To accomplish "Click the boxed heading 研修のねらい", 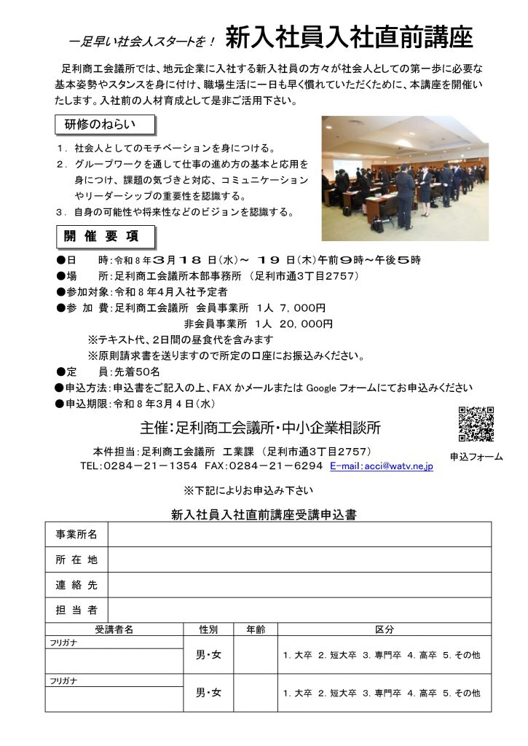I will point(106,125).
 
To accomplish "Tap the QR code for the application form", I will point(476,423).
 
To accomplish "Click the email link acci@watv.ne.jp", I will point(381,466).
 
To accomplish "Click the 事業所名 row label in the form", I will point(76,535).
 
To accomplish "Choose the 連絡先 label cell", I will point(76,585).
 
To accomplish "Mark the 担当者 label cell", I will point(76,610).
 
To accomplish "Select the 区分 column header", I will point(384,629).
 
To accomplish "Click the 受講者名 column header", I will point(113,629).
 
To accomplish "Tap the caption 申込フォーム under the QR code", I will point(476,457).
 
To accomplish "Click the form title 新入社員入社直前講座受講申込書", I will point(264,514).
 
